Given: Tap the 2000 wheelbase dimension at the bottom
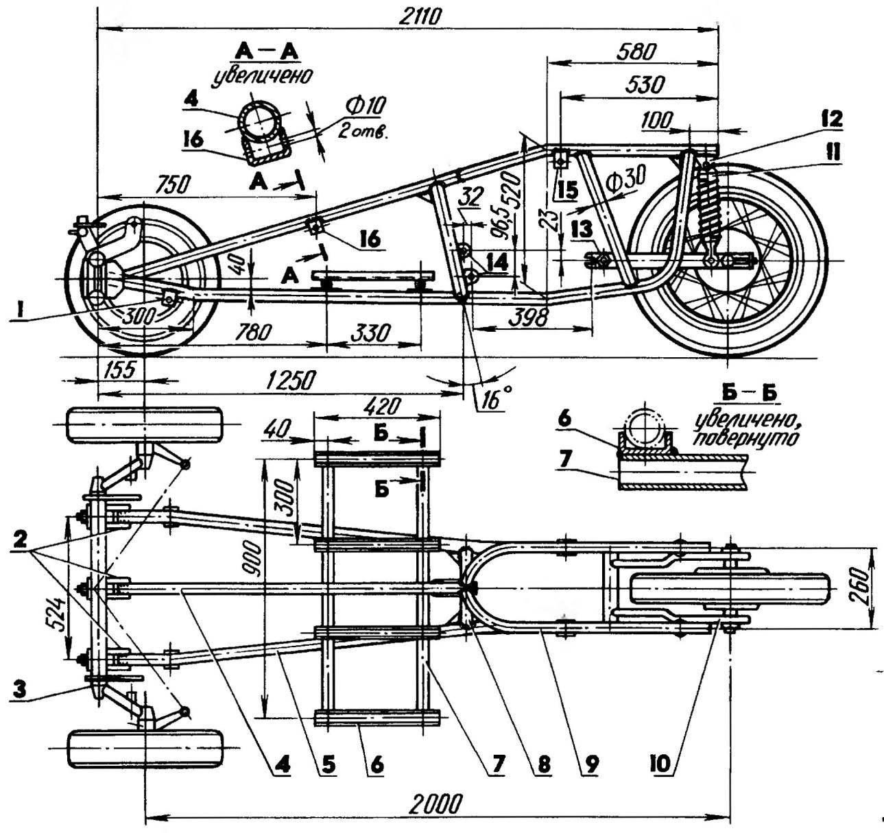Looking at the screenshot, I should [435, 803].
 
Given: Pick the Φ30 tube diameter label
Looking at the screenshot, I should [625, 178].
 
